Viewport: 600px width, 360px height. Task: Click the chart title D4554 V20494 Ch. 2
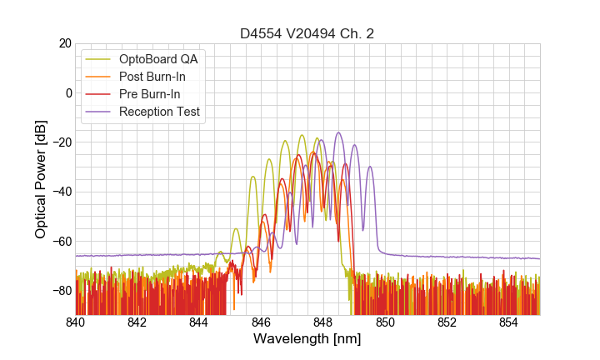[307, 33]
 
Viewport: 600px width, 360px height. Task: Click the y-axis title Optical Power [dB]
[40, 179]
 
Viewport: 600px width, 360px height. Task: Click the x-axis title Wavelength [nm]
[307, 339]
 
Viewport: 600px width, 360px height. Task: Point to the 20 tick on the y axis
[64, 43]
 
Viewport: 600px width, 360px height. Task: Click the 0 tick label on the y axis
[68, 92]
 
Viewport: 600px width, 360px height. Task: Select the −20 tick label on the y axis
[61, 142]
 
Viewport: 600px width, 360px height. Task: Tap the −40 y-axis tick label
[61, 192]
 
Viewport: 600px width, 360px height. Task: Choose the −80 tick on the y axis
[61, 291]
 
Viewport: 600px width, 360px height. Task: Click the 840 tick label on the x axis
[76, 322]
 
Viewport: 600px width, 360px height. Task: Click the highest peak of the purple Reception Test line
[338, 132]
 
